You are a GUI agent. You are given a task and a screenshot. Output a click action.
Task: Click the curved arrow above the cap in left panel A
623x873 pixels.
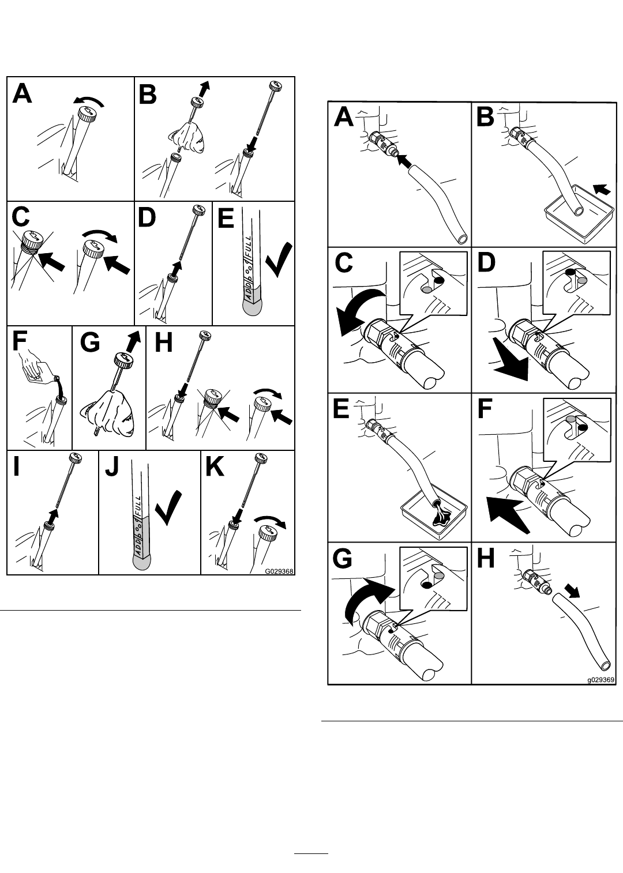[89, 100]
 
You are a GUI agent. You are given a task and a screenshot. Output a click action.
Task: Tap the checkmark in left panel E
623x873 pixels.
[279, 260]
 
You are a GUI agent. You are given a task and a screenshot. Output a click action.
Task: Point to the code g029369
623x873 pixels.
[601, 680]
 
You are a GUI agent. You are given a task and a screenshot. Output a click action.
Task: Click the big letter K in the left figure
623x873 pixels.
[215, 466]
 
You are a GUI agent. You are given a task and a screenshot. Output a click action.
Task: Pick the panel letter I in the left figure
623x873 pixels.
[16, 466]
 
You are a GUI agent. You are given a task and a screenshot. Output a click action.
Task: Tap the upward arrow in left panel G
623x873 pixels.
[133, 340]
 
